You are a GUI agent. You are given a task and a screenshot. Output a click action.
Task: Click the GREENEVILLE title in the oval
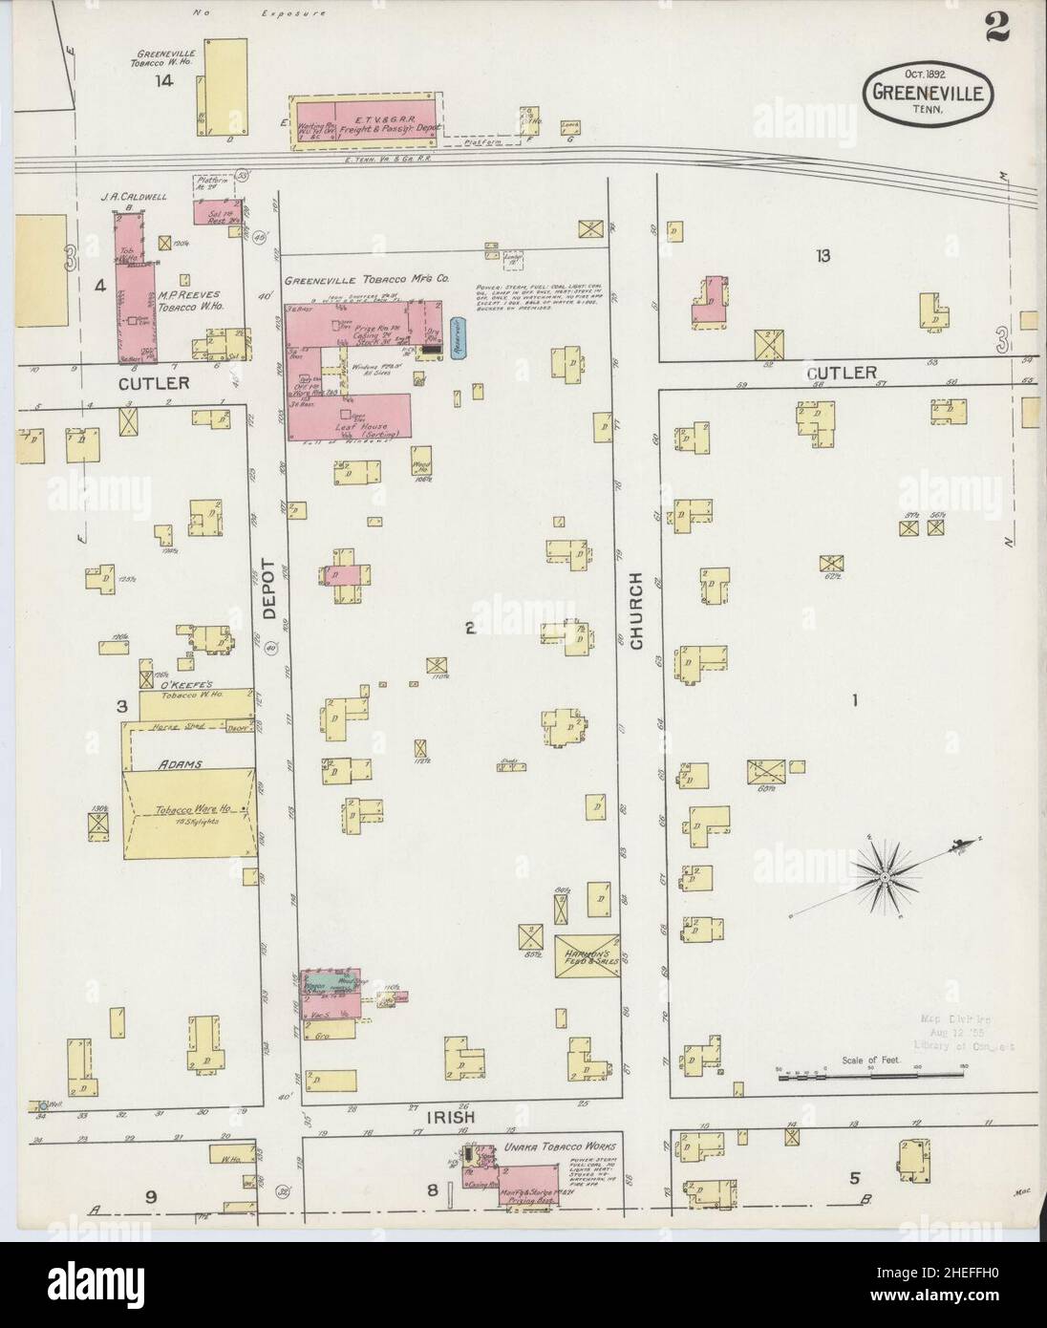929,93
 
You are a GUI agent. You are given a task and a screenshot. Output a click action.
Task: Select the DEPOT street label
270,589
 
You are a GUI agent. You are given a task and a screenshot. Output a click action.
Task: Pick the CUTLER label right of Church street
840,372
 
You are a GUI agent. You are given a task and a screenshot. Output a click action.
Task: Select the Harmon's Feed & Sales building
588,955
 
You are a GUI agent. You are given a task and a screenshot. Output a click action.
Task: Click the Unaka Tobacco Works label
559,1146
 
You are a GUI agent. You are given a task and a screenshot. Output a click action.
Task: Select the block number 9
152,1196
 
